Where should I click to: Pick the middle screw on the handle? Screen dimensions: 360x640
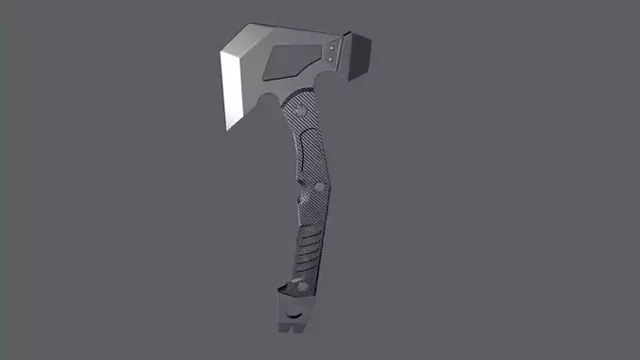pyautogui.click(x=319, y=188)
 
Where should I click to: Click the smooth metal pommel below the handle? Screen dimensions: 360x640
pyautogui.click(x=293, y=313)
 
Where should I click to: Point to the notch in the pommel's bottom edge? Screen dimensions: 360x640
pyautogui.click(x=298, y=330)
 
